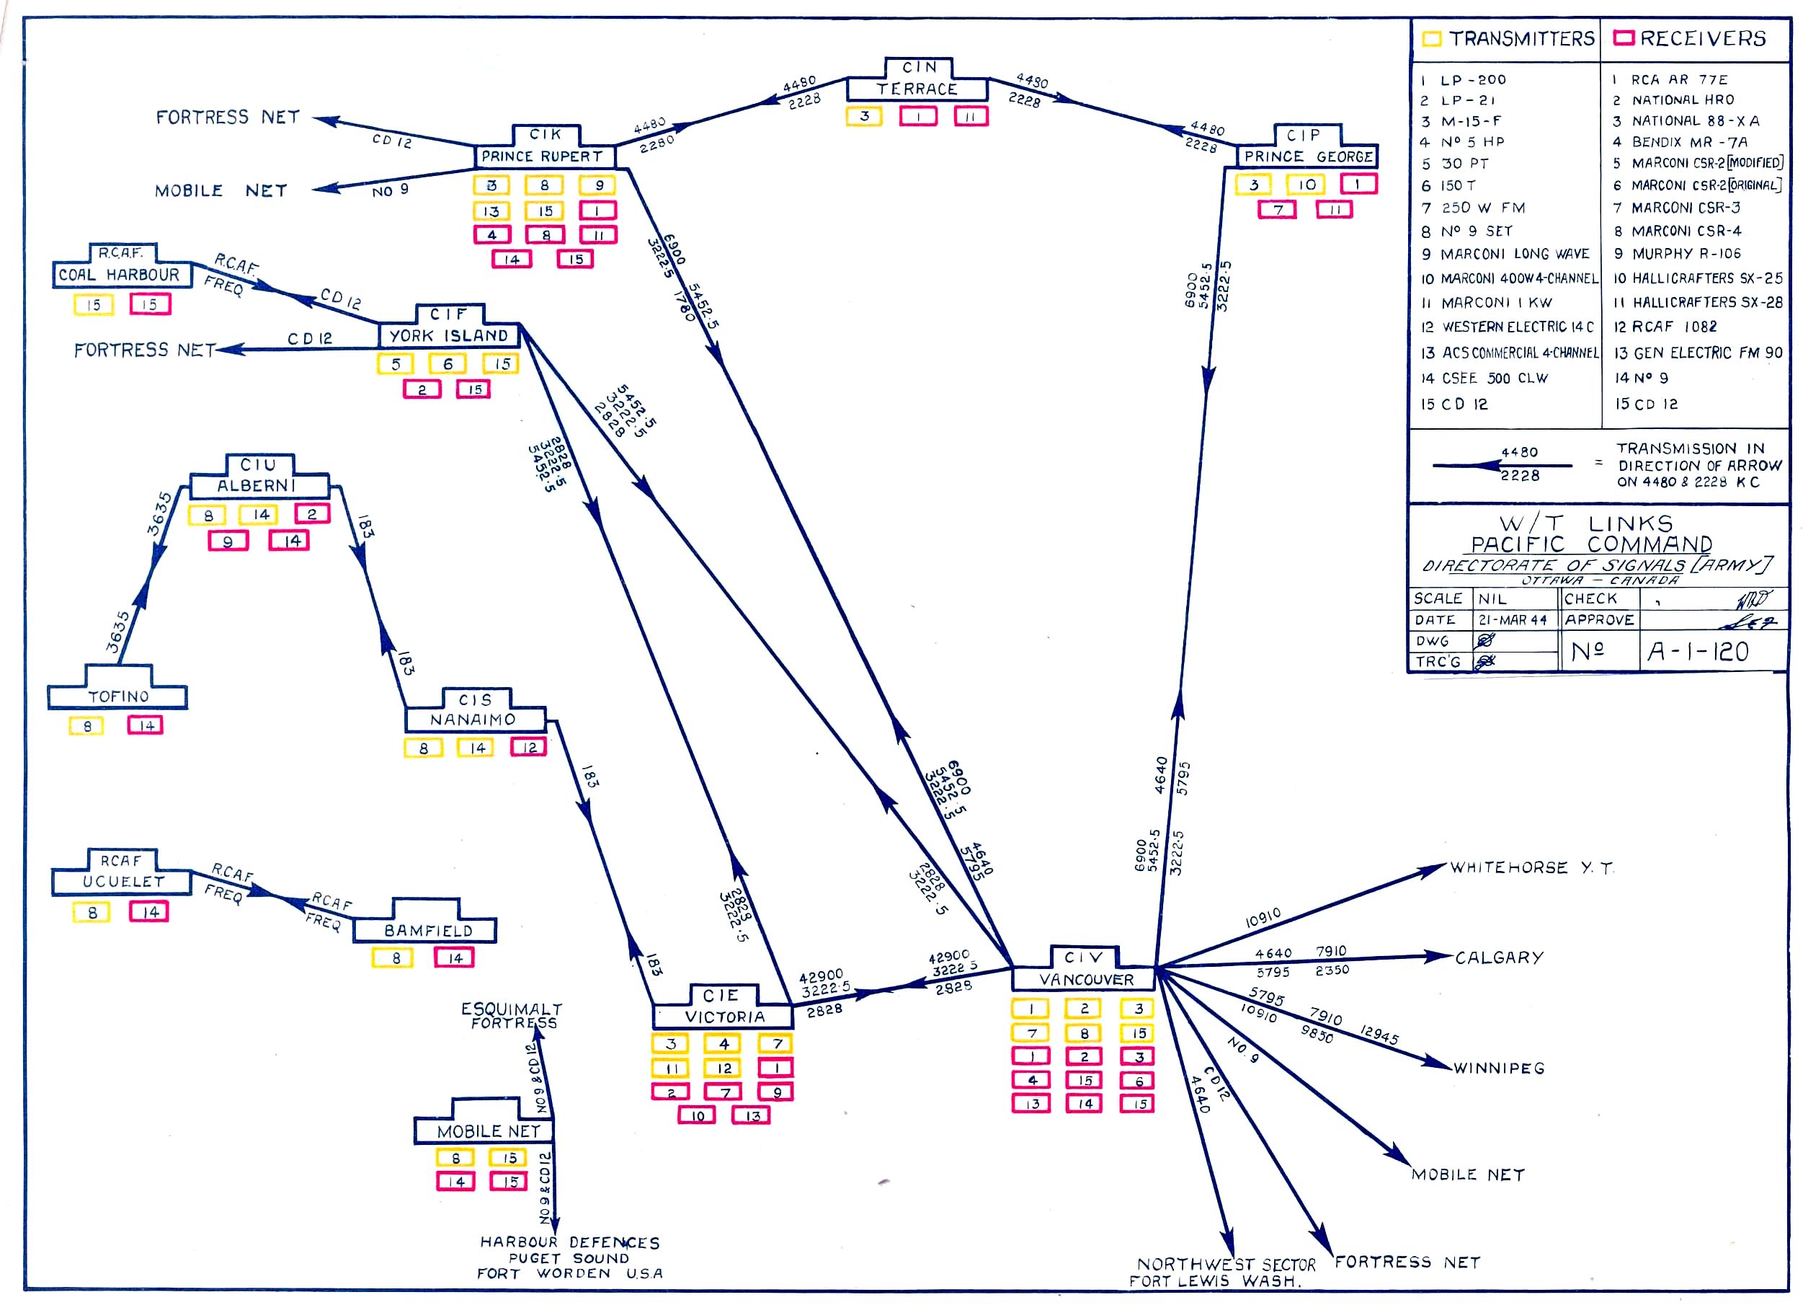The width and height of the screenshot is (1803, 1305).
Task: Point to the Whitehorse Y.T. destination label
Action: coord(1531,867)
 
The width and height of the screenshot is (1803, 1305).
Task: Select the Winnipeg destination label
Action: coord(1500,1068)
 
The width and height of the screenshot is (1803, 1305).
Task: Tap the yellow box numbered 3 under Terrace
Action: coord(865,116)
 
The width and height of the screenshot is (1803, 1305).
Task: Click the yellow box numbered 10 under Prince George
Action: coord(1307,185)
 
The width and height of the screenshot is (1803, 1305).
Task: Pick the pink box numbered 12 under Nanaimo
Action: coord(529,748)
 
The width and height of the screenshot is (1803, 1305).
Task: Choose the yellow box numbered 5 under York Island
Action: coord(396,364)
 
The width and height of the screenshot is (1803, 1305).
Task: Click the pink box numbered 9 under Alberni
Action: coord(228,541)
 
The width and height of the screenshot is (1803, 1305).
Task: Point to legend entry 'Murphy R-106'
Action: coord(1686,254)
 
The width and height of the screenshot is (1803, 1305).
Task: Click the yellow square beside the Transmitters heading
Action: coord(1431,39)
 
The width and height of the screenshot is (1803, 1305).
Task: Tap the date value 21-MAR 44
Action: coord(1513,620)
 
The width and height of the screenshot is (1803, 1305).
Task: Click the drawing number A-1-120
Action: coord(1697,652)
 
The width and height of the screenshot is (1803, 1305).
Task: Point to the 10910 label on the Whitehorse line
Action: coord(1263,919)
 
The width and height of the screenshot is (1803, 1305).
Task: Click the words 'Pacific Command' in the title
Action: coord(1590,545)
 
